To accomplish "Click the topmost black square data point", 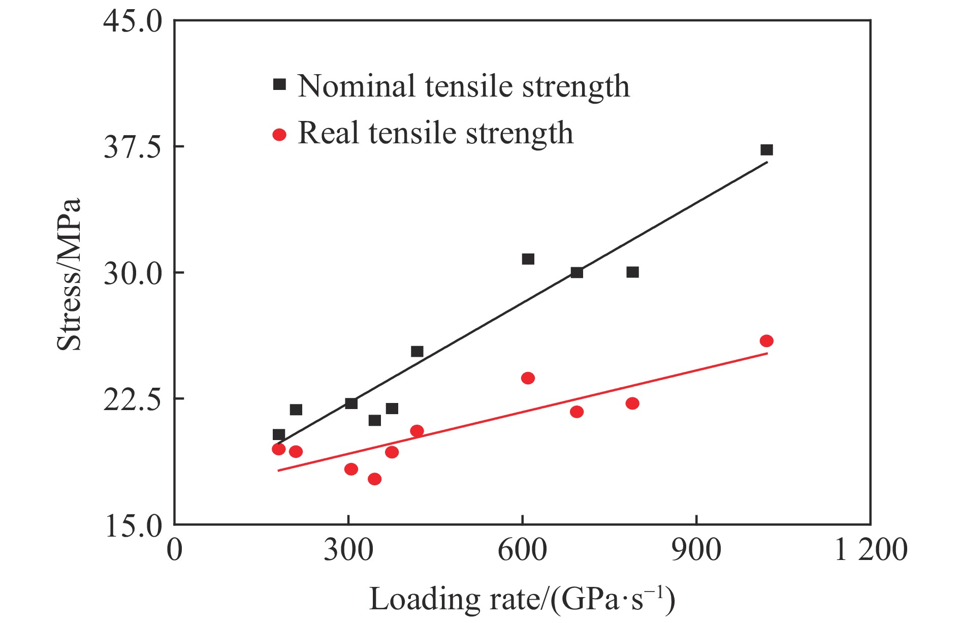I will (766, 150).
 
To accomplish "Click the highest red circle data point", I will (766, 340).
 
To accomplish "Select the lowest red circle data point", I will (374, 479).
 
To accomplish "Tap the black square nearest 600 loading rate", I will (528, 259).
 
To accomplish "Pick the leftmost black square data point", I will (278, 434).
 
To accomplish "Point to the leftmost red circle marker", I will (278, 449).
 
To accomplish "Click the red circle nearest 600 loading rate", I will (528, 378).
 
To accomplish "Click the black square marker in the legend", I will (279, 84).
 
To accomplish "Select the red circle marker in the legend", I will (279, 135).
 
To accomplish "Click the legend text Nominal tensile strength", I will (463, 86).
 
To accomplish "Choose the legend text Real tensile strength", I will (435, 133).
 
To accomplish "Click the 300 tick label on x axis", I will (348, 550).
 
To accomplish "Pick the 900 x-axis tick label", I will (696, 550).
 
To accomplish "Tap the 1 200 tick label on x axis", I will (871, 550).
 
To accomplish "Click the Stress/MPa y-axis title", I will (69, 274).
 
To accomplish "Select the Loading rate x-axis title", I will (522, 600).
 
